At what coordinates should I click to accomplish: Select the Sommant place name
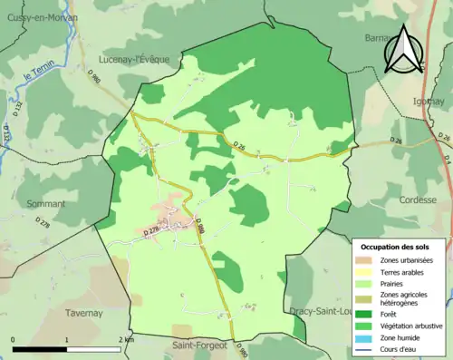point(45,204)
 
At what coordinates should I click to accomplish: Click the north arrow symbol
point(403,50)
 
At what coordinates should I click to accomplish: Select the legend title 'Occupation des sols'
point(397,246)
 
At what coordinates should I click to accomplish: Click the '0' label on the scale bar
point(14,339)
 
